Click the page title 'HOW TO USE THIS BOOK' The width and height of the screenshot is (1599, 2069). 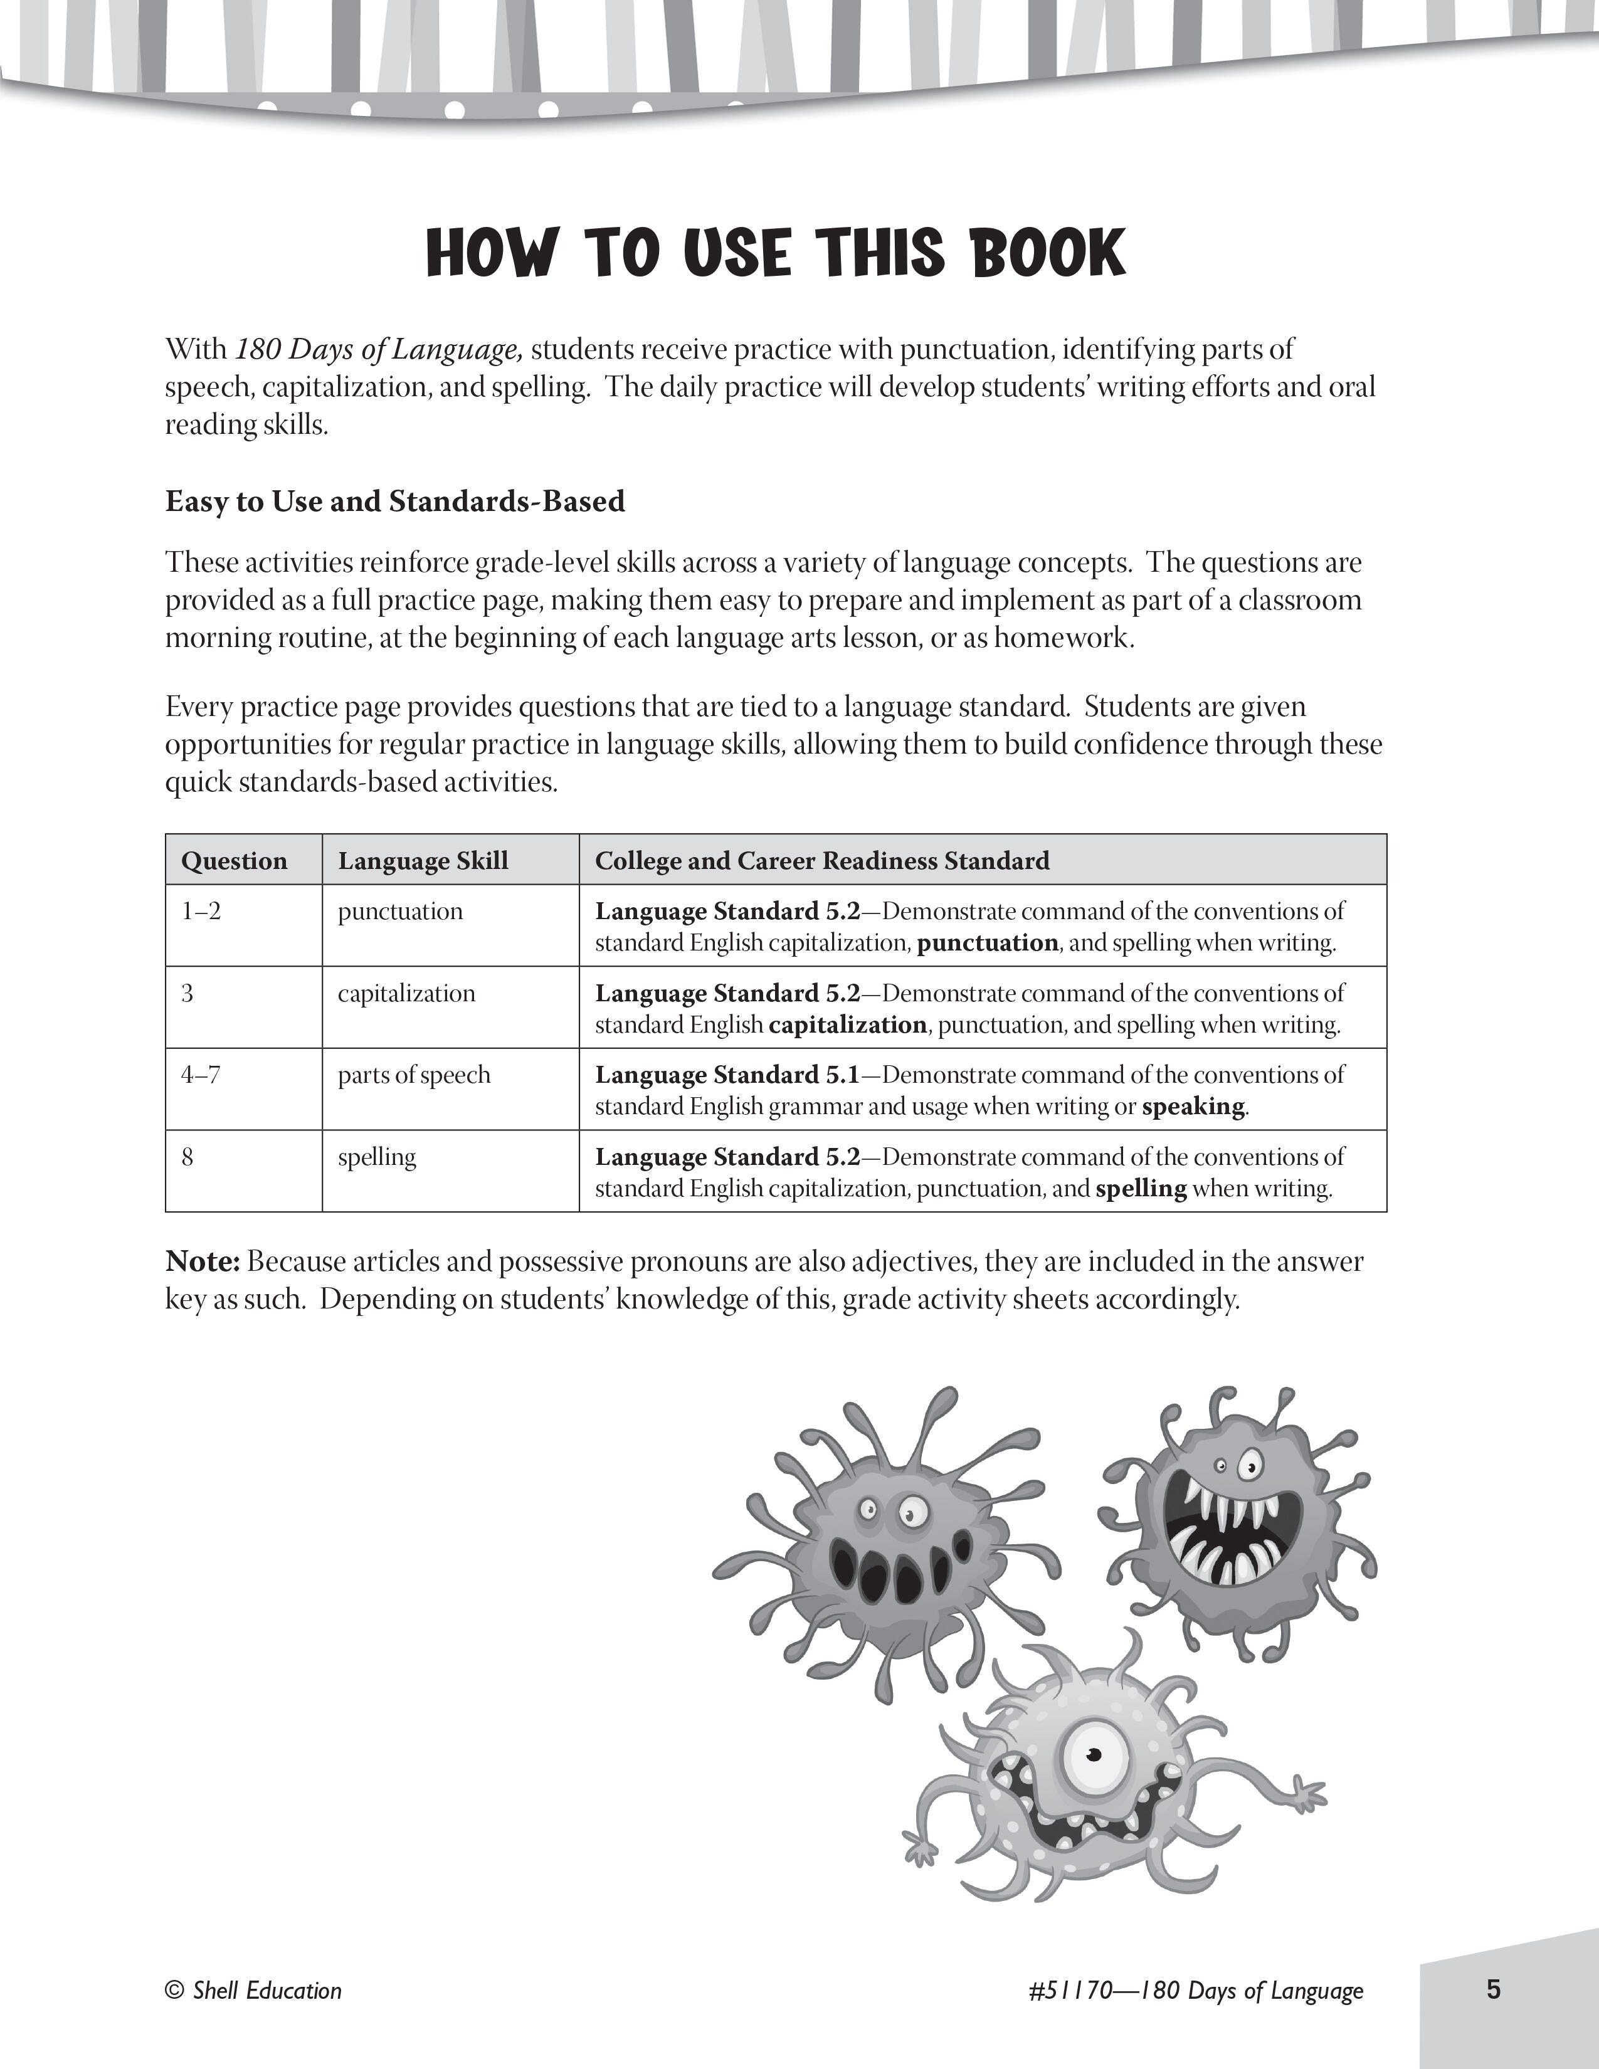pyautogui.click(x=776, y=254)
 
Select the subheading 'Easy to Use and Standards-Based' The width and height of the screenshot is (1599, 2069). pyautogui.click(x=395, y=500)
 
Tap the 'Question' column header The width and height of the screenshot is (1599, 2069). pyautogui.click(x=234, y=860)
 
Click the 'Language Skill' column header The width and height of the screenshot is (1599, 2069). pyautogui.click(x=423, y=860)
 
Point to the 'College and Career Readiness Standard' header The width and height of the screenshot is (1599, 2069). pyautogui.click(x=821, y=860)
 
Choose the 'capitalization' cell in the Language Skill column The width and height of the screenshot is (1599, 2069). pyautogui.click(x=406, y=993)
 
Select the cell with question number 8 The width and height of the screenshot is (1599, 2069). pyautogui.click(x=187, y=1157)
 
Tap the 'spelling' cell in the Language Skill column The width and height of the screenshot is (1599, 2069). pyautogui.click(x=377, y=1157)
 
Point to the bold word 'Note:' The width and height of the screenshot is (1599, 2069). pyautogui.click(x=203, y=1262)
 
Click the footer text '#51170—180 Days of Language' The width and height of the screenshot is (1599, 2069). pyautogui.click(x=1195, y=1991)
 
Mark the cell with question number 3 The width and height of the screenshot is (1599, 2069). pyautogui.click(x=187, y=993)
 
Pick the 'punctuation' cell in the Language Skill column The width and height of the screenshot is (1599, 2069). pyautogui.click(x=400, y=912)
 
